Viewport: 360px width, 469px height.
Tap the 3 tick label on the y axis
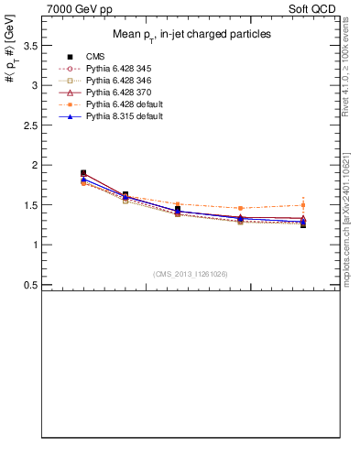pyautogui.click(x=35, y=85)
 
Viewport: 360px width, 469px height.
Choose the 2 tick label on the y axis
pyautogui.click(x=35, y=165)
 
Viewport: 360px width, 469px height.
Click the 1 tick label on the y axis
pyautogui.click(x=35, y=245)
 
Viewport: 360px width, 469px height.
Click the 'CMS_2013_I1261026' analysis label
pyautogui.click(x=191, y=274)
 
